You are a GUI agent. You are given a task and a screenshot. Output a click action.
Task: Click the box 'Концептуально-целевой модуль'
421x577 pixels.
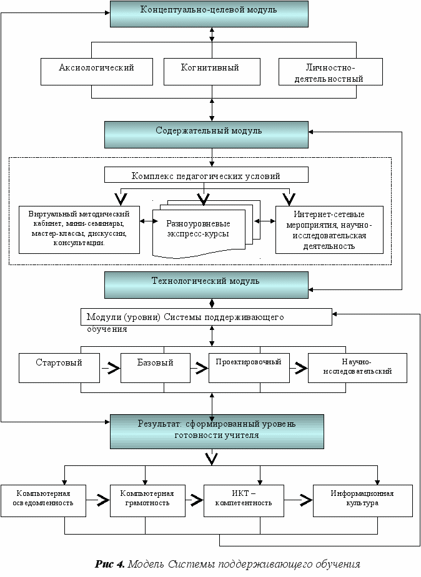209,14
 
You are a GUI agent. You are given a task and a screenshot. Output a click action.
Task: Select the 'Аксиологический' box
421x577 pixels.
96,72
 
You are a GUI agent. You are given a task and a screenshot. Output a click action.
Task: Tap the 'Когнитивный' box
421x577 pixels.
212,72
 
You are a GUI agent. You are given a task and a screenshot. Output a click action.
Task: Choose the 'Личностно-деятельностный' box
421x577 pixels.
330,72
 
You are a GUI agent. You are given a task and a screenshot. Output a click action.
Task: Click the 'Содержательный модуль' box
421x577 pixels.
206,135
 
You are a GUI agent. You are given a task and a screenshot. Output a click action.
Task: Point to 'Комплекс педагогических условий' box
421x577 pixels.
206,175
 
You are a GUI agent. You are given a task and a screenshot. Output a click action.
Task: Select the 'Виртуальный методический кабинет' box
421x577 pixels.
79,230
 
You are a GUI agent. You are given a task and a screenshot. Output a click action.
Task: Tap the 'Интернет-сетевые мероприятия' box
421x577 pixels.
329,230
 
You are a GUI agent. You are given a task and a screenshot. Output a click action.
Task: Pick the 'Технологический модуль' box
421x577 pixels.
206,285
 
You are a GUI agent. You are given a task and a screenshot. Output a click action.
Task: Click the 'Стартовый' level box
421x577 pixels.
59,368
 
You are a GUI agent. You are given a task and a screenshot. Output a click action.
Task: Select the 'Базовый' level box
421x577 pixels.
156,368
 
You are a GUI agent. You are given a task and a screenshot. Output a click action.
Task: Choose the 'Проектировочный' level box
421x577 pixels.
249,368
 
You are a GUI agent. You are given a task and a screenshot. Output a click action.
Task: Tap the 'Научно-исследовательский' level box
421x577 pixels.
357,368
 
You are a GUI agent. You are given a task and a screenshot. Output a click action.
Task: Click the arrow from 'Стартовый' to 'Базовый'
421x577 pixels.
110,368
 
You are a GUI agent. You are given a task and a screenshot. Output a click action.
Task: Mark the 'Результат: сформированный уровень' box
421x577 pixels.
217,432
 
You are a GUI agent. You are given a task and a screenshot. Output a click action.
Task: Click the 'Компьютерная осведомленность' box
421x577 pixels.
43,501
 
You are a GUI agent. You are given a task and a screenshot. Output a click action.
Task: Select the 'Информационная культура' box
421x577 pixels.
363,501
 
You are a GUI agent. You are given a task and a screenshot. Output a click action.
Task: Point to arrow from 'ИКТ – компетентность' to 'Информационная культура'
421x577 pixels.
299,500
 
